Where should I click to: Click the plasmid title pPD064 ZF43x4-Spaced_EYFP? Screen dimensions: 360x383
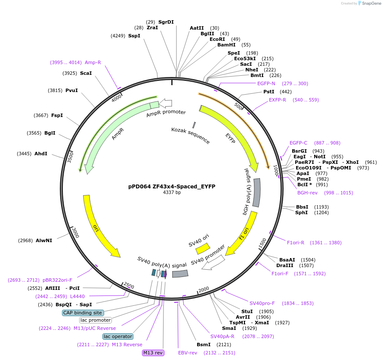coord(172,186)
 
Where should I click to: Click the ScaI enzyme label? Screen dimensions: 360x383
coord(86,73)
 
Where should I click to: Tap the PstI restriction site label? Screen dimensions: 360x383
coord(269,92)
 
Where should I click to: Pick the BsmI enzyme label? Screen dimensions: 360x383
coord(204,345)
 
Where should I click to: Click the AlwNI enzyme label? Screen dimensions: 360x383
coord(44,240)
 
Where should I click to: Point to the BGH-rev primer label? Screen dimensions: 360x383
coord(307,193)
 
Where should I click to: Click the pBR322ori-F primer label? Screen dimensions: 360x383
coord(57,280)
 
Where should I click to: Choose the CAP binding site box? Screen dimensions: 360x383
coord(83,313)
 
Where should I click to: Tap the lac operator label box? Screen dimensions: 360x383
coord(117,336)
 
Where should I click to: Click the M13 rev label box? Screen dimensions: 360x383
coord(153,353)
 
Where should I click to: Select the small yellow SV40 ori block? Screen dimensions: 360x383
coord(202,248)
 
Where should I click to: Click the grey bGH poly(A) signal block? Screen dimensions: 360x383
coord(256,193)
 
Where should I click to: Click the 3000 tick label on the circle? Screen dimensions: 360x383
coord(75,233)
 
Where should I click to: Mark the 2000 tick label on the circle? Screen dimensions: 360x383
coord(204,289)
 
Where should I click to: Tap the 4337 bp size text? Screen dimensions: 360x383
coord(172,192)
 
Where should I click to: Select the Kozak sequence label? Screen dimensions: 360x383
coord(190,135)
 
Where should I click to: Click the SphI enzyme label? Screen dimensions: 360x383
coord(301,212)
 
